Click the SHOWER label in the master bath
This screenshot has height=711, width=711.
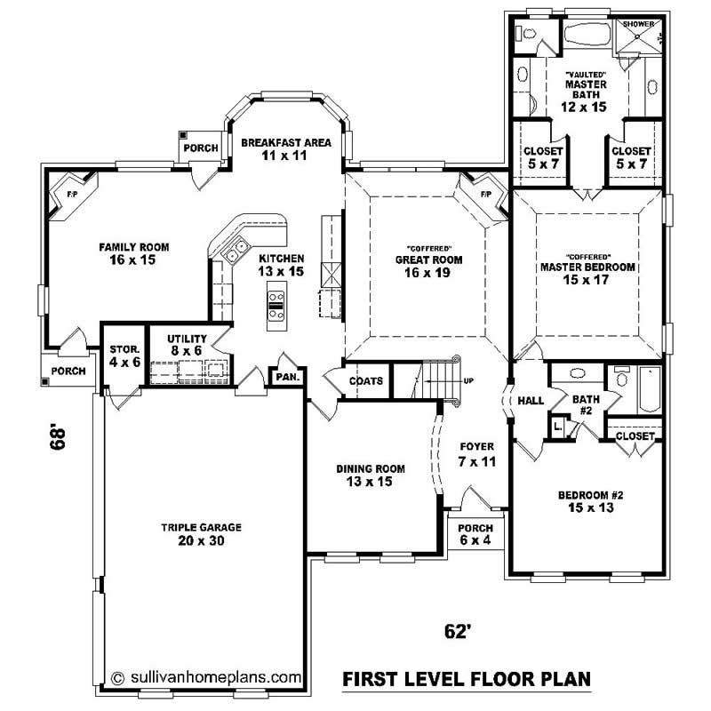tap(638, 24)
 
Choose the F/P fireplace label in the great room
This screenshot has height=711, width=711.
tap(486, 194)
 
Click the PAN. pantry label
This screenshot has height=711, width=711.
tap(287, 377)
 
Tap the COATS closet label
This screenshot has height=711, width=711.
tap(366, 381)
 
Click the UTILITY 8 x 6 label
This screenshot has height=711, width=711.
tap(187, 345)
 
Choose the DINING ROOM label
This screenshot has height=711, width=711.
tap(371, 475)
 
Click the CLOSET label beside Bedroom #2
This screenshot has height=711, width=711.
tap(635, 436)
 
